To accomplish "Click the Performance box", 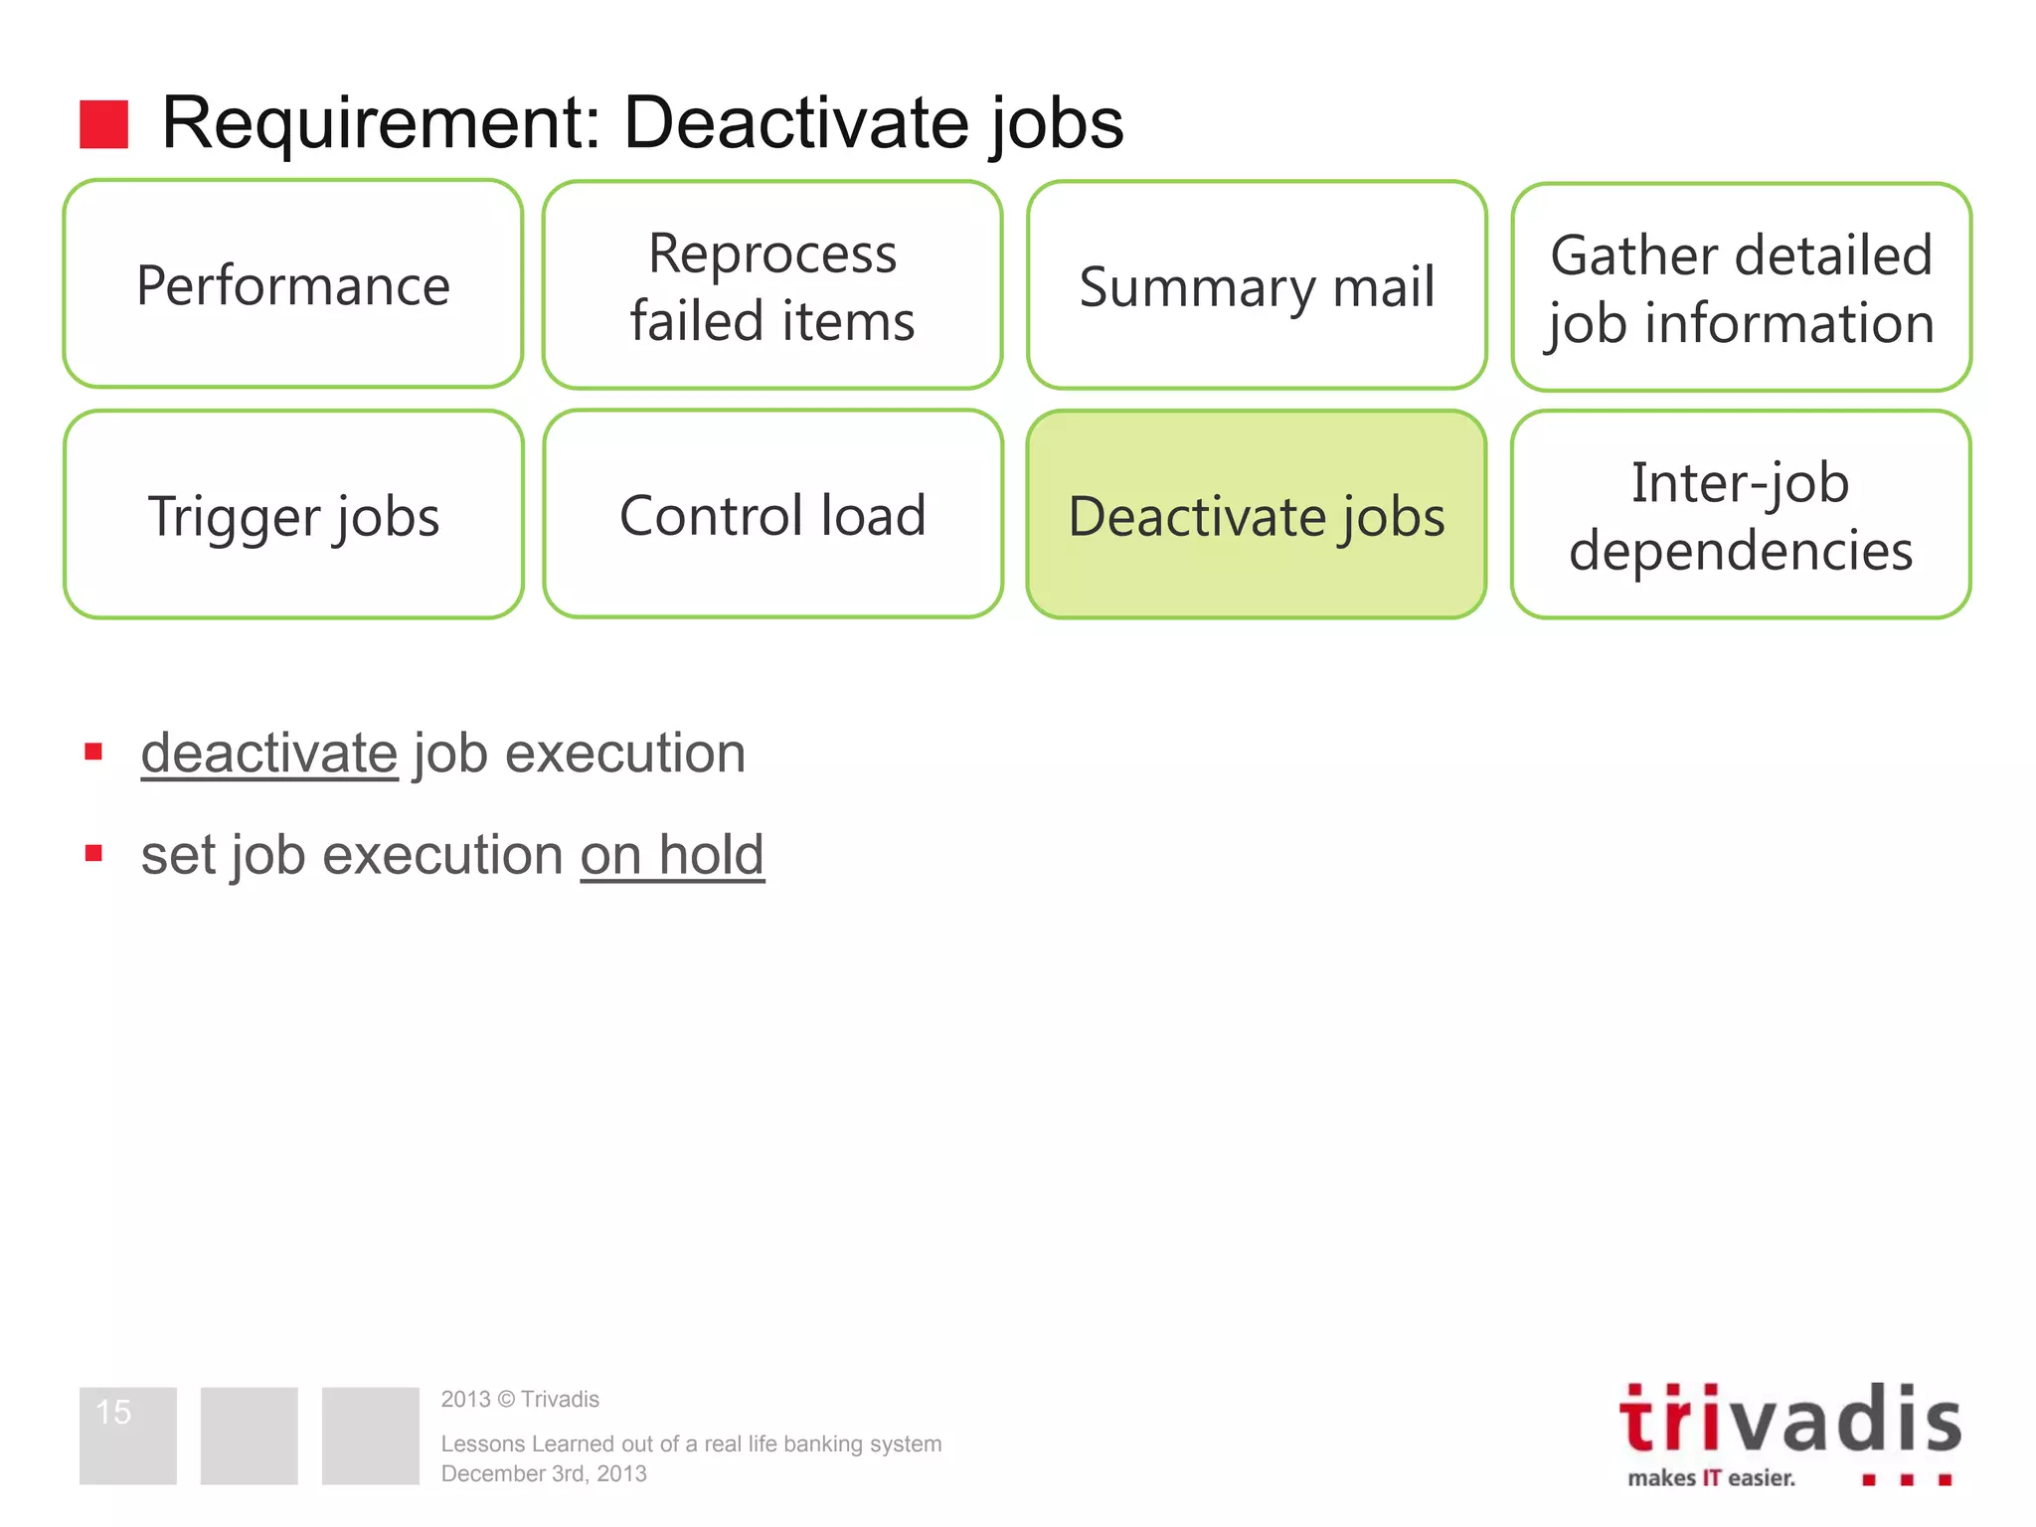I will pyautogui.click(x=293, y=285).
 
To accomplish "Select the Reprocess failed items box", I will pyautogui.click(x=772, y=286).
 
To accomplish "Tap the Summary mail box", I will pyautogui.click(x=1257, y=286).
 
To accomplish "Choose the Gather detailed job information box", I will pyautogui.click(x=1741, y=288).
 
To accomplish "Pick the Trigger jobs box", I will pyautogui.click(x=293, y=515).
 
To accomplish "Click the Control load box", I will pyautogui.click(x=772, y=515).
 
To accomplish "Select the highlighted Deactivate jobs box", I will pyautogui.click(x=1257, y=515).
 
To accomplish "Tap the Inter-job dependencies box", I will pyautogui.click(x=1741, y=515).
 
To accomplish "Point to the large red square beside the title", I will pyautogui.click(x=104, y=124).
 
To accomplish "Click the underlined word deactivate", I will pyautogui.click(x=269, y=753).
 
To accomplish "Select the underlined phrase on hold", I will pyautogui.click(x=672, y=855).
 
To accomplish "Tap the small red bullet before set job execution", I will pyautogui.click(x=94, y=853).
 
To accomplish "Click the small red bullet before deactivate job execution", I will pyautogui.click(x=94, y=752).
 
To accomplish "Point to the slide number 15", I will pyautogui.click(x=114, y=1412).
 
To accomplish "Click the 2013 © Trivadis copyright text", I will pyautogui.click(x=520, y=1399).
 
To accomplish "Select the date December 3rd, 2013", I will pyautogui.click(x=544, y=1473).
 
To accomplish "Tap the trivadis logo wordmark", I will pyautogui.click(x=1789, y=1420).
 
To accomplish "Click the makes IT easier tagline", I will pyautogui.click(x=1711, y=1478).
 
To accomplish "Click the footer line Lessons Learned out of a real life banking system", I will pyautogui.click(x=691, y=1443).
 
